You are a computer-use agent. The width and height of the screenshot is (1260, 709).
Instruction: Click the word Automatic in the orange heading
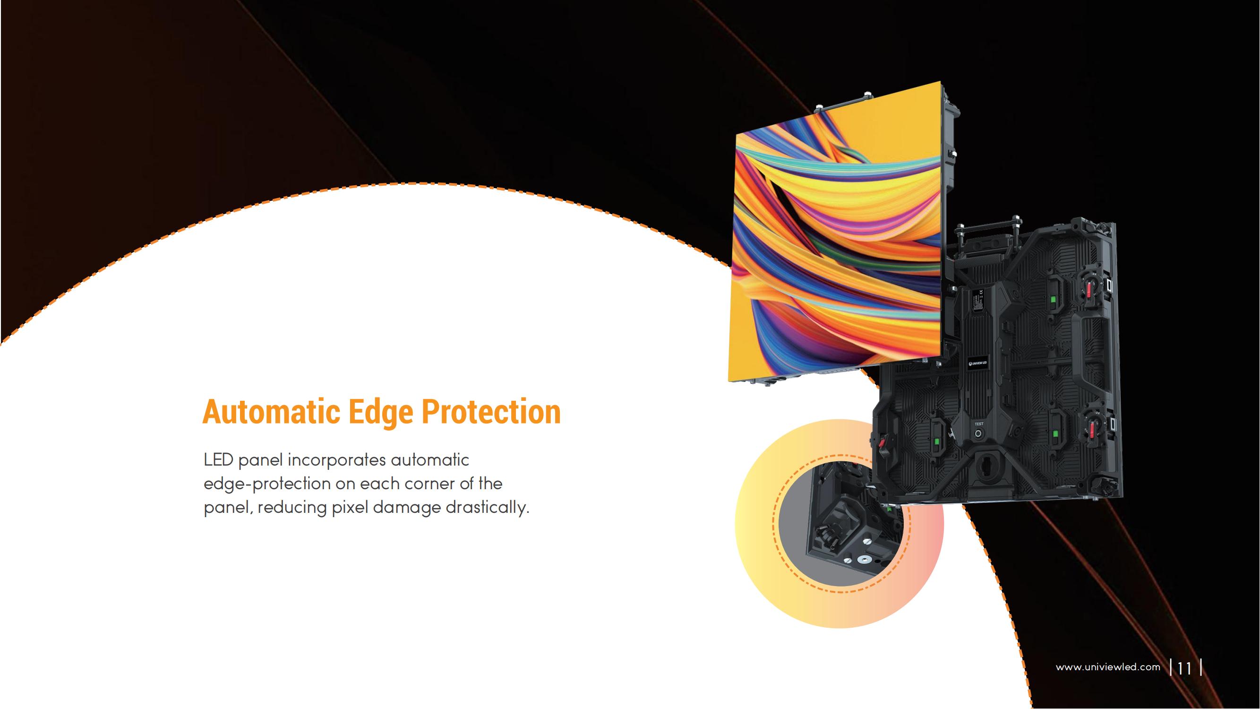[x=271, y=412]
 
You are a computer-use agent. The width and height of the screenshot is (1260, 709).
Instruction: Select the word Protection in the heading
[x=491, y=412]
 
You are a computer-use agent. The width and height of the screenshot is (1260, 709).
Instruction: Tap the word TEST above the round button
[x=979, y=424]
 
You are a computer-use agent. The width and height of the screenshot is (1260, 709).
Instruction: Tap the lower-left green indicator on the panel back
[x=937, y=442]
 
